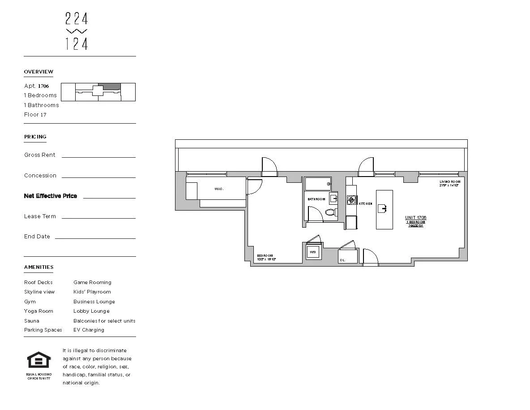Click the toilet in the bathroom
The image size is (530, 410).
tap(331, 212)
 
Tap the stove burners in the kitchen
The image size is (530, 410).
tap(352, 200)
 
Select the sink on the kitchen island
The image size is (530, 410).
tap(382, 208)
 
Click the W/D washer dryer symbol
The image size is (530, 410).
tap(313, 252)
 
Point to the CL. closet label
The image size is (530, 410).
tap(342, 260)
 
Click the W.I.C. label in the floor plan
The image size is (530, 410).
tap(219, 189)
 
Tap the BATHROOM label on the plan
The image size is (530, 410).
tap(316, 199)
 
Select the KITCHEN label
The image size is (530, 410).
tap(365, 204)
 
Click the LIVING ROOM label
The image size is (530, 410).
tap(449, 181)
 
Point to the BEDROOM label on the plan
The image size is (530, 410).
tap(265, 256)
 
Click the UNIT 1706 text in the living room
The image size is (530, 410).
tap(416, 218)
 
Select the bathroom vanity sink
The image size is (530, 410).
tap(333, 199)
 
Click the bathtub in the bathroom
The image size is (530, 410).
tap(317, 184)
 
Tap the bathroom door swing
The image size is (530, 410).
tap(315, 214)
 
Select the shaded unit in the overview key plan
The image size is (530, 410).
tap(109, 86)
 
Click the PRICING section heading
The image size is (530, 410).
tap(35, 137)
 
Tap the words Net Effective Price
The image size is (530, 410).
tap(51, 196)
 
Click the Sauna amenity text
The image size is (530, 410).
tap(32, 321)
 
